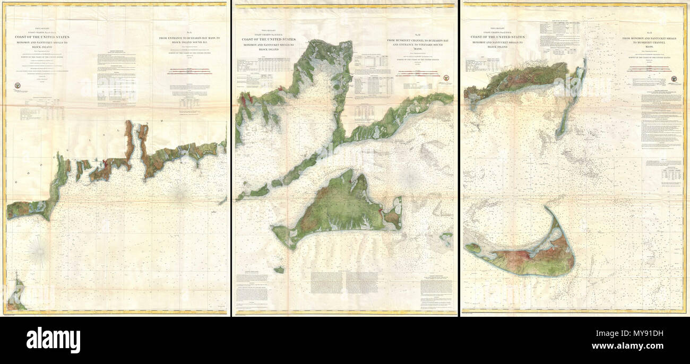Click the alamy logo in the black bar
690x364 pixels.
click(x=53, y=340)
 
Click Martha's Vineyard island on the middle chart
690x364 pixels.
click(x=340, y=210)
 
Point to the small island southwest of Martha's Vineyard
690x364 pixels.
click(x=279, y=270)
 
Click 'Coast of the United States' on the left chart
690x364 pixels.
click(x=41, y=37)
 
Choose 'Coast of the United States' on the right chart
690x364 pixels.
click(x=497, y=37)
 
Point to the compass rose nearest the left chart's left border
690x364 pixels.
click(x=39, y=251)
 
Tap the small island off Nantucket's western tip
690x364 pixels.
click(x=472, y=247)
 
